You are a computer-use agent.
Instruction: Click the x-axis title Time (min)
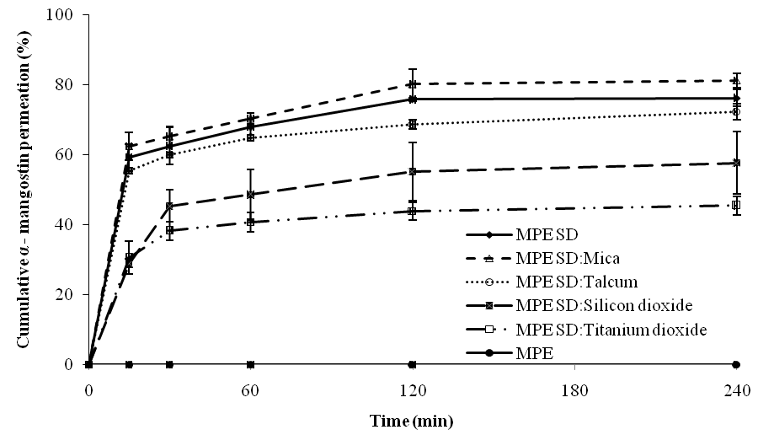413,419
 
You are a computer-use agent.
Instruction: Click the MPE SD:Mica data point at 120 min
413,84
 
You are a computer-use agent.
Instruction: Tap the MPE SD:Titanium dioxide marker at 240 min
736,205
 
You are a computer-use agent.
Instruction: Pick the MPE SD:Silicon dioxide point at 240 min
736,163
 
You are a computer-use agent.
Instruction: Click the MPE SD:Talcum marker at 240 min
736,111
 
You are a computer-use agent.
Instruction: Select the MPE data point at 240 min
736,364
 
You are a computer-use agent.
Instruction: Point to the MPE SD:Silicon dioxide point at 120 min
413,171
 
